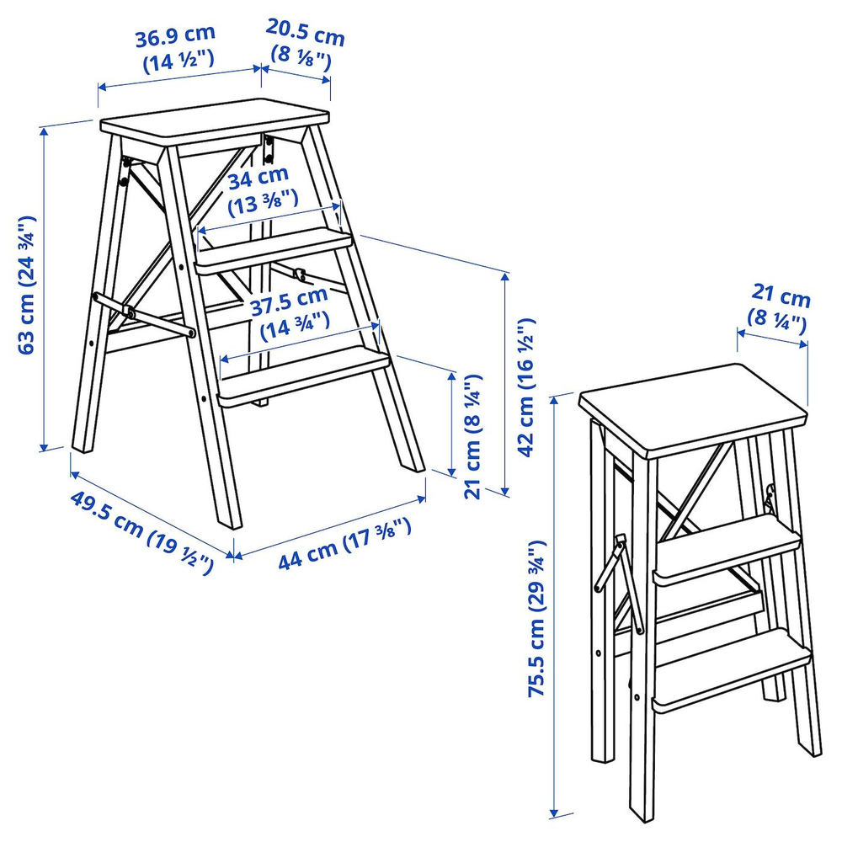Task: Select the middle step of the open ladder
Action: [274, 246]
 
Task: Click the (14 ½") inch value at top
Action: [179, 61]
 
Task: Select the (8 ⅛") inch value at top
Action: [301, 60]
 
